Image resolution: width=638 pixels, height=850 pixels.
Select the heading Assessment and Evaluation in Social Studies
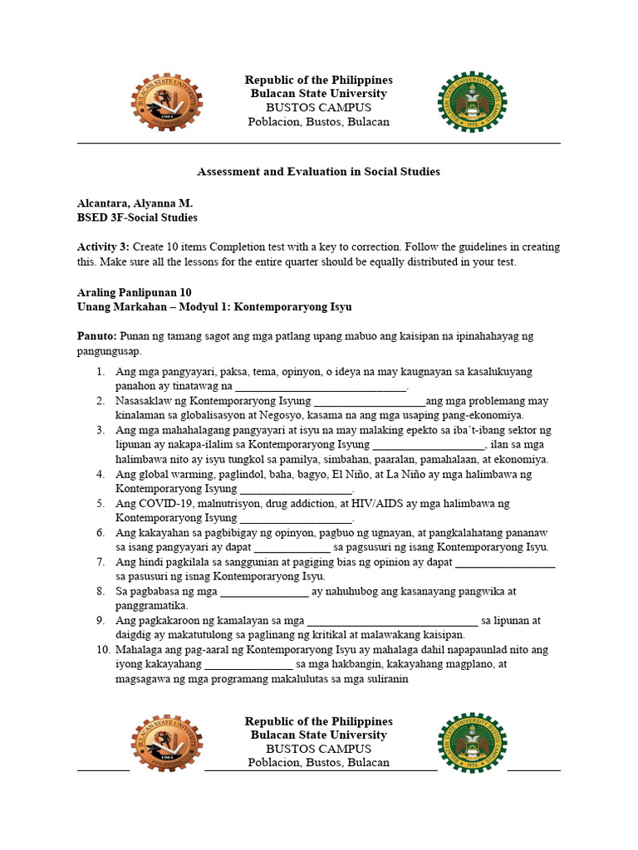pyautogui.click(x=318, y=172)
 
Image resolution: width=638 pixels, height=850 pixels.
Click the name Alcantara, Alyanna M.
pyautogui.click(x=135, y=203)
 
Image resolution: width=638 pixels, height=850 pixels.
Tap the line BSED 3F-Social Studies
pyautogui.click(x=137, y=217)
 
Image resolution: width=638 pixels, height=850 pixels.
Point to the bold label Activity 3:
pyautogui.click(x=103, y=247)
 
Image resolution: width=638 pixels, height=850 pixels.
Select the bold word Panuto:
pyautogui.click(x=97, y=335)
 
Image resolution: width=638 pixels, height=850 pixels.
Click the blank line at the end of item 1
pyautogui.click(x=321, y=387)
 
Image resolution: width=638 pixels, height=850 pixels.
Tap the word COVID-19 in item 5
pyautogui.click(x=164, y=504)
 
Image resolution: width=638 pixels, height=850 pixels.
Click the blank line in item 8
pyautogui.click(x=263, y=592)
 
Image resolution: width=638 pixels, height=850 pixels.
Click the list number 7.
pyautogui.click(x=101, y=562)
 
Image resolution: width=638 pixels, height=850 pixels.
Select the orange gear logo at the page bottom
pyautogui.click(x=166, y=742)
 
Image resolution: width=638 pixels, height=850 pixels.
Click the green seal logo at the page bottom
pyautogui.click(x=472, y=742)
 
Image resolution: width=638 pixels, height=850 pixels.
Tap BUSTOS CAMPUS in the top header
pyautogui.click(x=318, y=108)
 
